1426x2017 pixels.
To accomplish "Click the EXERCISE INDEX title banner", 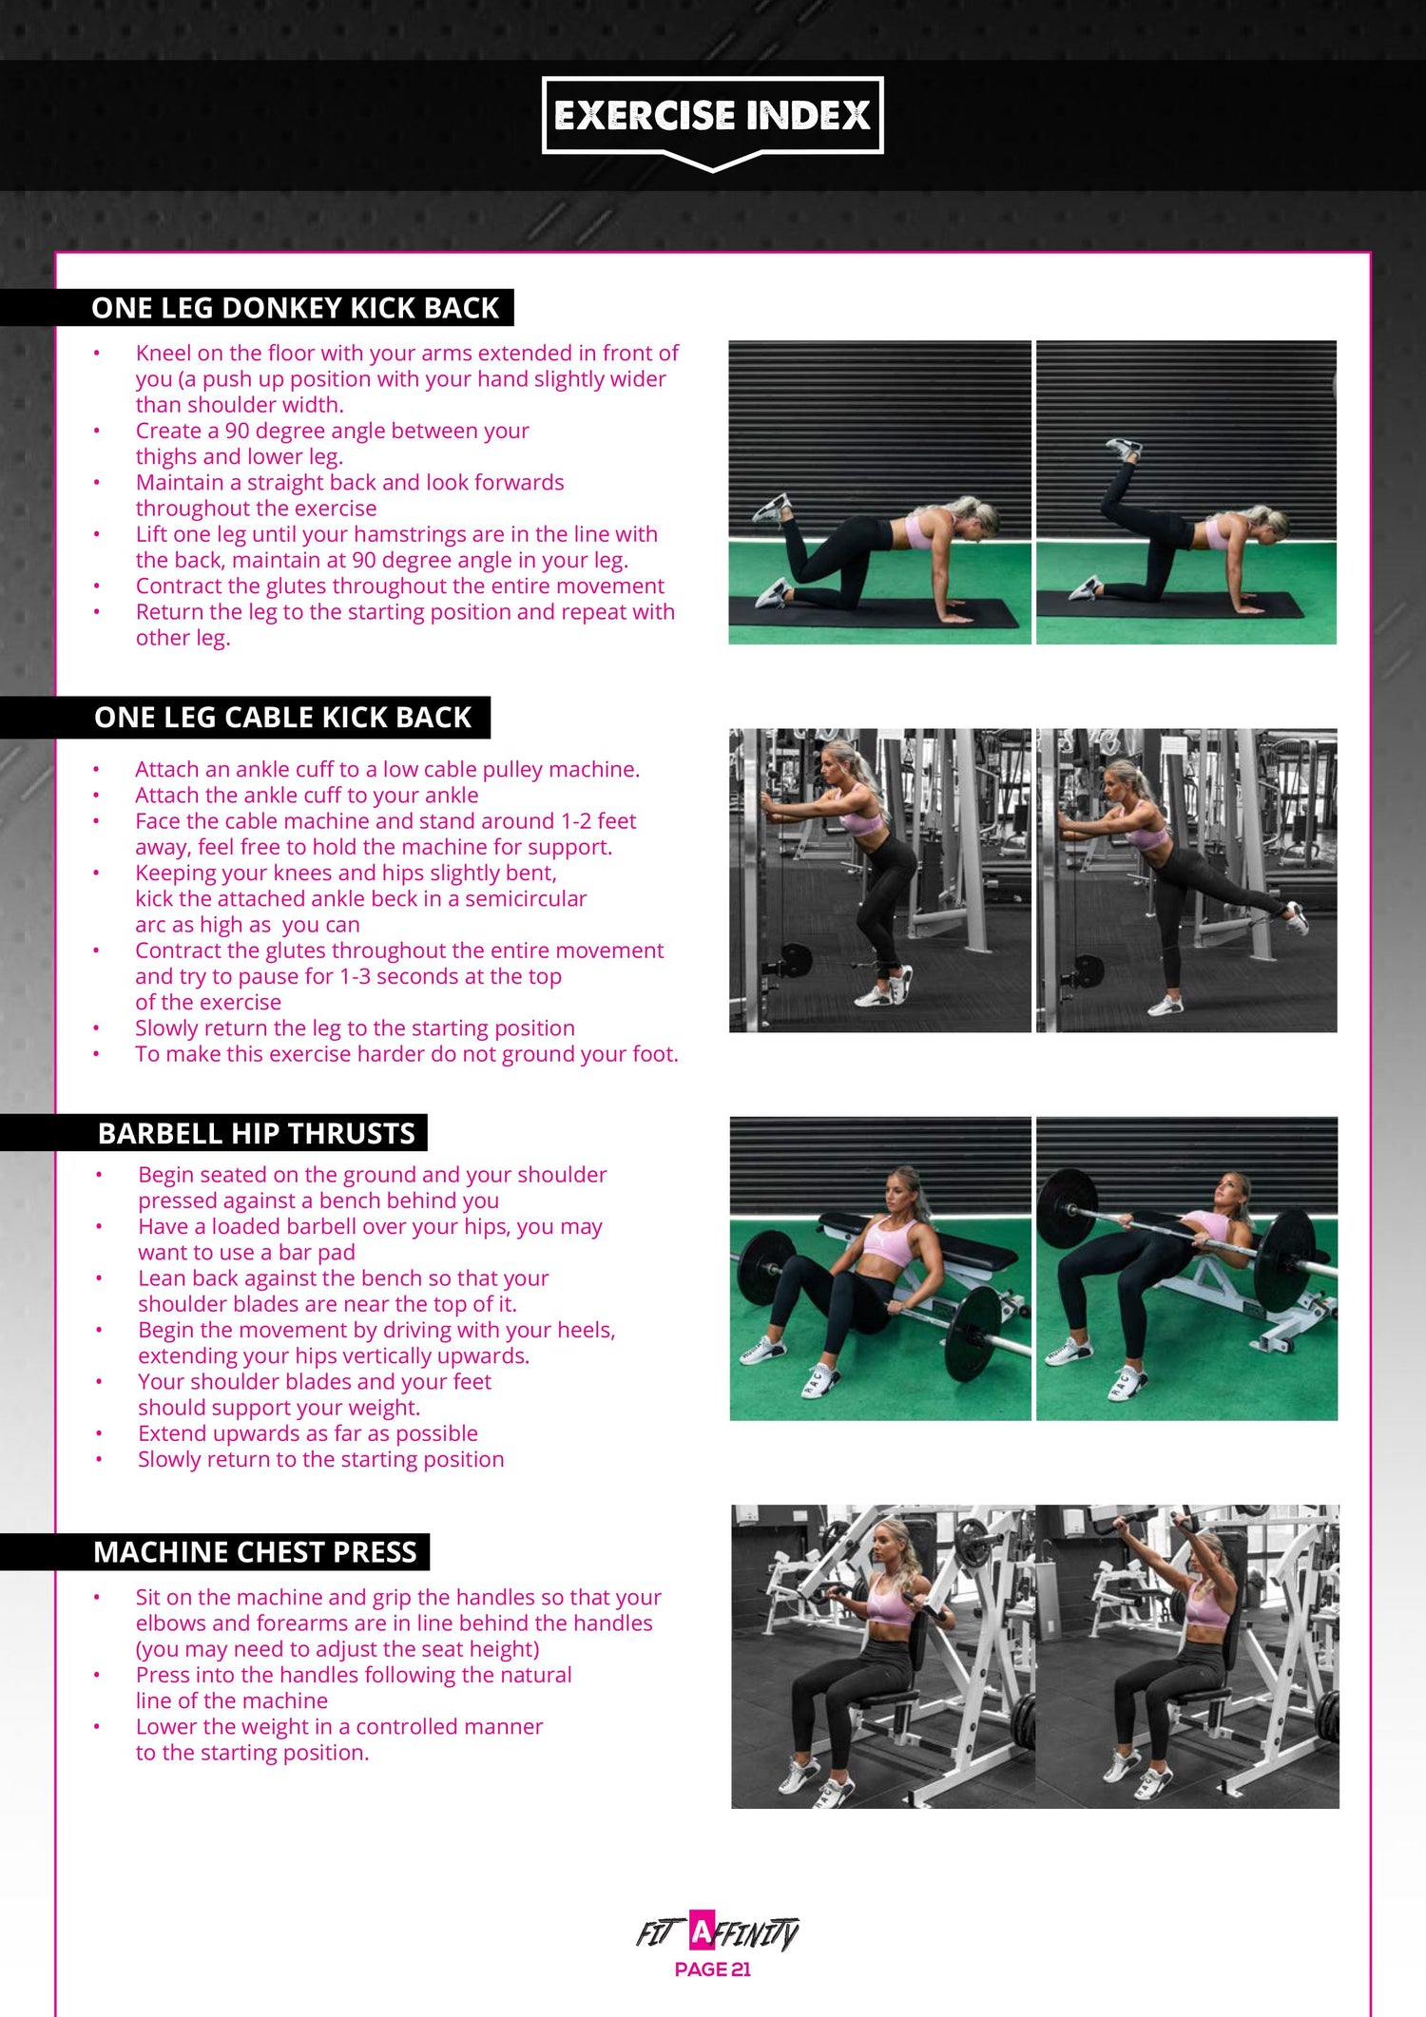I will [712, 116].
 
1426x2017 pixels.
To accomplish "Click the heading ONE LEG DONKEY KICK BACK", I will [295, 308].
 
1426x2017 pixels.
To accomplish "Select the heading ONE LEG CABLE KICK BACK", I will [282, 718].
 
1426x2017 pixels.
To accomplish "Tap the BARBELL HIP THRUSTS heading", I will [257, 1133].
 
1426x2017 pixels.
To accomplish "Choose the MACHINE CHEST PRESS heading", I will [255, 1552].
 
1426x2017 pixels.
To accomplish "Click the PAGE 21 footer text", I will [712, 1969].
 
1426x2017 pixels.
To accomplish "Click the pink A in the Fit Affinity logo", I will [701, 1931].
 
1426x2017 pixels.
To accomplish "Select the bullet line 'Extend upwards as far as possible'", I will [307, 1433].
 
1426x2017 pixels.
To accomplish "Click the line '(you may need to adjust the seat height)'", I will [337, 1649].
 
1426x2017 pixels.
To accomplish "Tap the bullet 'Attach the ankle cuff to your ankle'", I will [306, 795].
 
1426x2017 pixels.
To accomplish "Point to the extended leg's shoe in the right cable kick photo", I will [1296, 916].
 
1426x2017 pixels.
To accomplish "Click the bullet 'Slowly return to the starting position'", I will [320, 1459].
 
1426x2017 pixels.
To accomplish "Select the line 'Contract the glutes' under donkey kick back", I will [399, 586].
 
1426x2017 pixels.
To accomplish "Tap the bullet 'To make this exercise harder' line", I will [406, 1053].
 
